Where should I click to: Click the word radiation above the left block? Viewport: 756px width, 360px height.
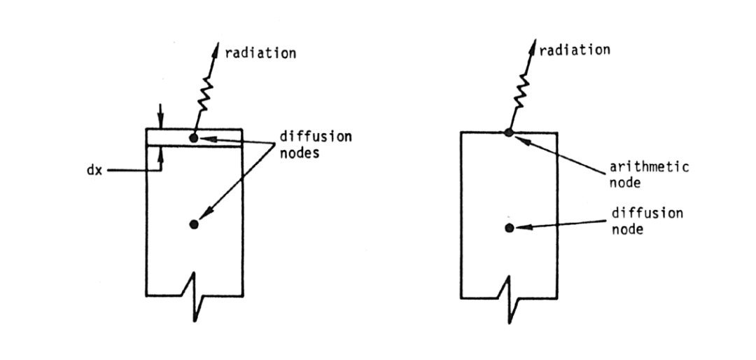point(260,53)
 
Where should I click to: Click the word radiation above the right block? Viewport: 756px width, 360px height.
point(574,50)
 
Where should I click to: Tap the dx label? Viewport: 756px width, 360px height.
point(94,171)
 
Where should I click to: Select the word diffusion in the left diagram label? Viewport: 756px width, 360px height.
point(316,137)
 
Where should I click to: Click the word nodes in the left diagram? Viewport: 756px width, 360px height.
point(300,153)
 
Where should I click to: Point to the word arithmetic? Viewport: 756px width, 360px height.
point(649,167)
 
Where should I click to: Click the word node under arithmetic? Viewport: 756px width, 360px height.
point(625,184)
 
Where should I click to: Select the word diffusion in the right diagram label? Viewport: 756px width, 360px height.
point(647,213)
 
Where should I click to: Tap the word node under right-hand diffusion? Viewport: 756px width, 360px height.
point(627,229)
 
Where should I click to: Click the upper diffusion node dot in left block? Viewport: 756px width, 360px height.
point(194,138)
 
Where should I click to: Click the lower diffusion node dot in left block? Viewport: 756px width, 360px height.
point(194,224)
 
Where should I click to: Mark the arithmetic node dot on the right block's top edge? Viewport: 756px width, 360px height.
point(509,132)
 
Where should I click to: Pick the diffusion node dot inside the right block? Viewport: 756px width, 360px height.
point(509,228)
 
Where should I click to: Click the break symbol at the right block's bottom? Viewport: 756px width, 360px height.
point(509,299)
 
